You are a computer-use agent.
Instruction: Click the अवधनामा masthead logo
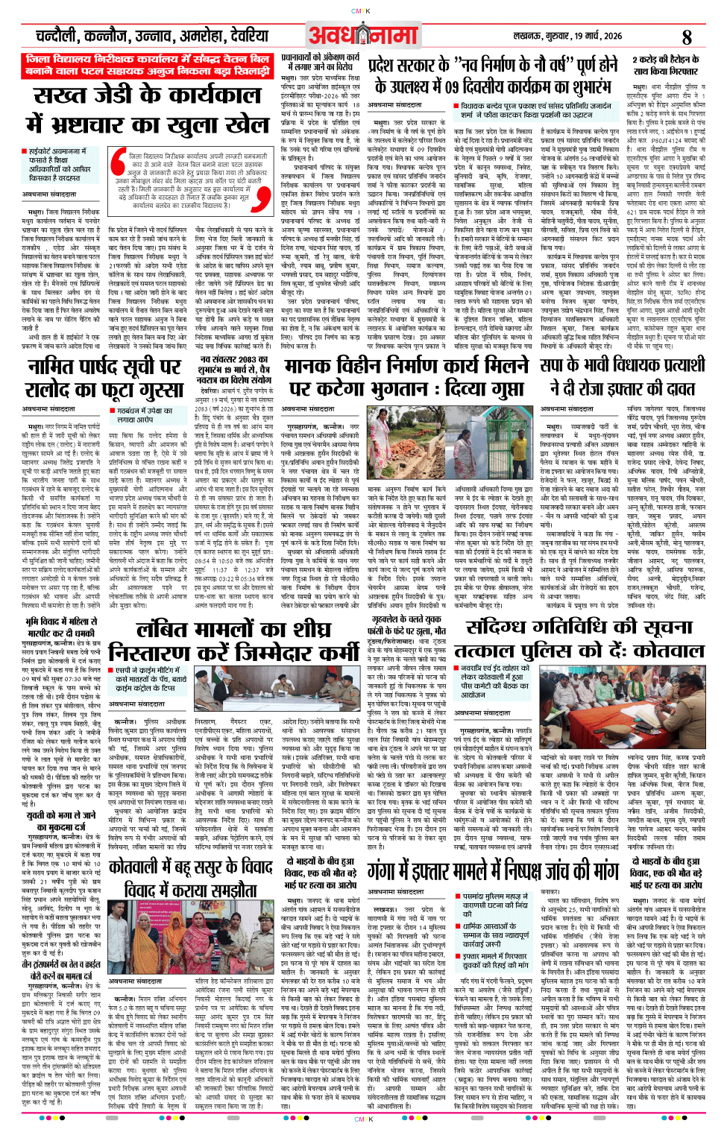pos(363,35)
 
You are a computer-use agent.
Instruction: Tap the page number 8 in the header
pos(687,37)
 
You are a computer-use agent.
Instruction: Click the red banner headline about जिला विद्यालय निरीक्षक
pos(146,64)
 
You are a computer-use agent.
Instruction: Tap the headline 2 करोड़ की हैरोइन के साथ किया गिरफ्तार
pos(666,65)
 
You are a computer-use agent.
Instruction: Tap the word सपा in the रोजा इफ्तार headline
pos(552,364)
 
